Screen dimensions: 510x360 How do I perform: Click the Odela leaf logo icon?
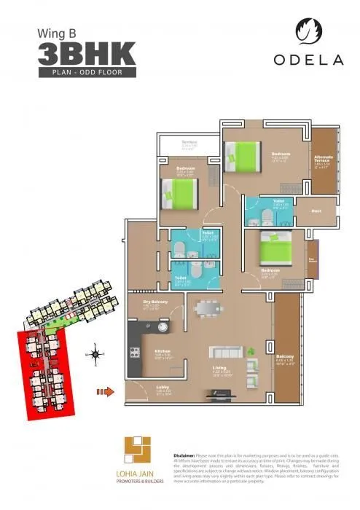307,31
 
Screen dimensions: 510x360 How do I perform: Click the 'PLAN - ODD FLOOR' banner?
86,73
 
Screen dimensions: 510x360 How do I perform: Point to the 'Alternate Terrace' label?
323,159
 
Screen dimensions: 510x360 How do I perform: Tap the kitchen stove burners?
135,352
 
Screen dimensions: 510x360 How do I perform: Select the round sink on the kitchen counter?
161,328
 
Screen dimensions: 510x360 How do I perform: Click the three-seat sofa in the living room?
226,351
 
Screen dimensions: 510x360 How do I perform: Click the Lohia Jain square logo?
137,450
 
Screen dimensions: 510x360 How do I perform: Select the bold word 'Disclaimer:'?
187,453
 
